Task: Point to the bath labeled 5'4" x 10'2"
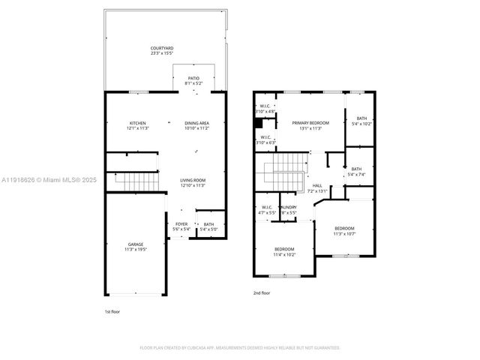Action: (x=361, y=120)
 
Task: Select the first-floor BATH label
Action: (x=208, y=226)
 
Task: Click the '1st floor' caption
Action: (x=112, y=310)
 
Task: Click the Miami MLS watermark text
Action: (x=45, y=180)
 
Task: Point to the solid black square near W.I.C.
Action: (x=259, y=124)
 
